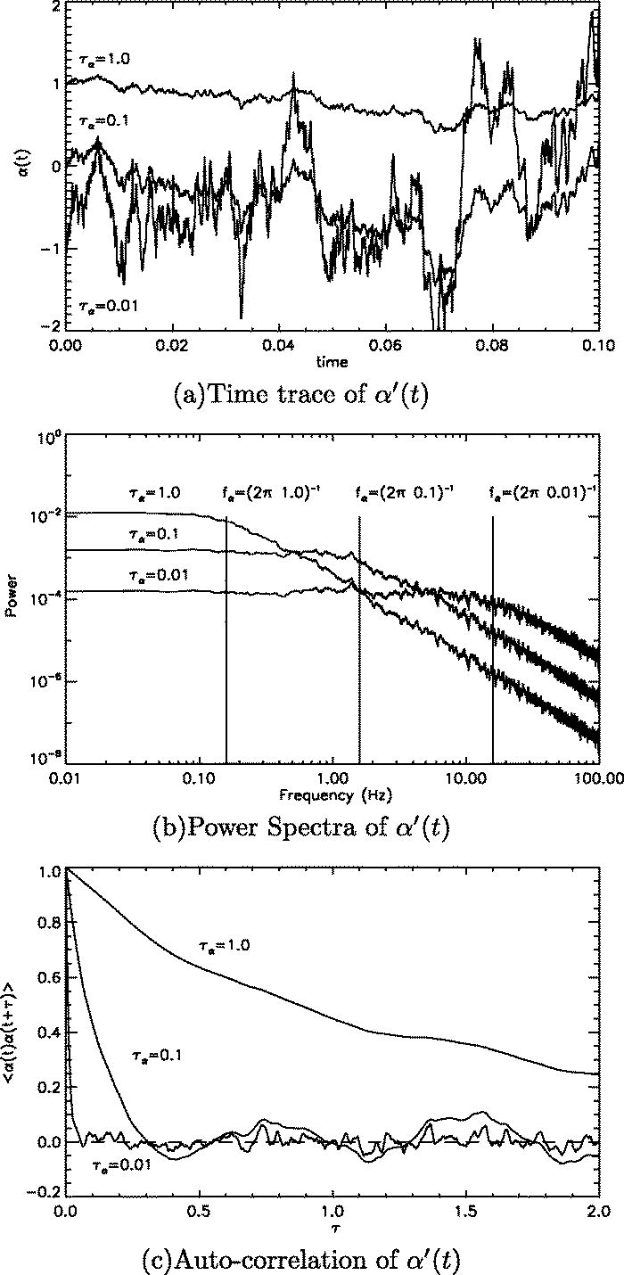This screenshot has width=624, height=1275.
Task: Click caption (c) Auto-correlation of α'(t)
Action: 312,1259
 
